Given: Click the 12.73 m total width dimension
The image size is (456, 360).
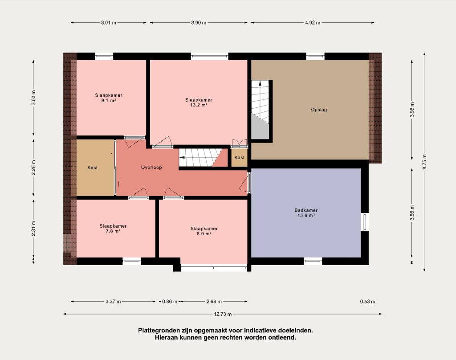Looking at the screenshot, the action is click(x=223, y=314).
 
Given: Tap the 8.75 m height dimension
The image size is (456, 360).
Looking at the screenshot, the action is click(x=424, y=162).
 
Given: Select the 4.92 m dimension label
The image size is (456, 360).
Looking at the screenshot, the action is click(x=313, y=23).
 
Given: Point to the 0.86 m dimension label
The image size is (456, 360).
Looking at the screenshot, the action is click(x=170, y=302).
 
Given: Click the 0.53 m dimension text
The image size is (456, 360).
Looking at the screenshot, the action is click(x=367, y=302).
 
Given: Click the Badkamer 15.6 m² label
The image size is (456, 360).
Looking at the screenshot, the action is click(x=306, y=213).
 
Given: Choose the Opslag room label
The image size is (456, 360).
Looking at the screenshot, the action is click(x=319, y=110).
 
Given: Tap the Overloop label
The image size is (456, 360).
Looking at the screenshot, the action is click(x=151, y=168).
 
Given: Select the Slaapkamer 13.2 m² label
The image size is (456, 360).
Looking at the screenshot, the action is click(x=199, y=102).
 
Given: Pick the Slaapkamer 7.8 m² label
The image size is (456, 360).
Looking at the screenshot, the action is click(x=113, y=229).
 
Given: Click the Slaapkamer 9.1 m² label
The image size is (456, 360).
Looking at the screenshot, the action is click(x=109, y=98).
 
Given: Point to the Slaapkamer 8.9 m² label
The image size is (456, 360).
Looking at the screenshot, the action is click(x=204, y=231).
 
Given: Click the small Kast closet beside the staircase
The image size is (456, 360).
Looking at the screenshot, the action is click(x=239, y=157).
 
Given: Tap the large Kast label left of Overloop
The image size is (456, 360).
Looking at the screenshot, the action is click(x=93, y=168).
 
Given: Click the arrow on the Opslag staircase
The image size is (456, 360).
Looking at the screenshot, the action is click(x=260, y=83).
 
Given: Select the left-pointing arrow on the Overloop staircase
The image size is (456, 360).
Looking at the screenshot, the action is click(x=182, y=157).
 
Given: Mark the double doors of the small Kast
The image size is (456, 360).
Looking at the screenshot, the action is click(x=239, y=143).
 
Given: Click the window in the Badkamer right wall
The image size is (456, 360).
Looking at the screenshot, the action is click(x=365, y=222).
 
